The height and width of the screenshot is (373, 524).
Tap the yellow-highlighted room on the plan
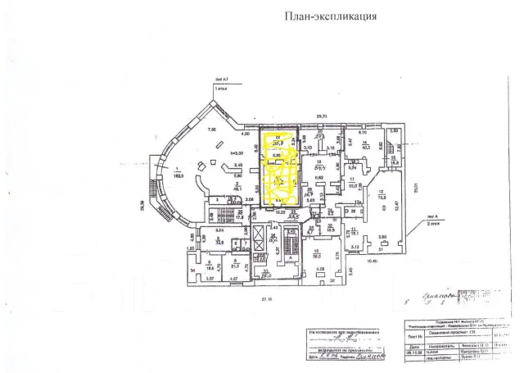[280, 168]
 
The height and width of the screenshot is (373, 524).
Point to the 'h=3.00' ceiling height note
[238, 153]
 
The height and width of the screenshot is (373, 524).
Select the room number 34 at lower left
[193, 271]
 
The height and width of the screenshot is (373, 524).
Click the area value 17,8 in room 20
[240, 218]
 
